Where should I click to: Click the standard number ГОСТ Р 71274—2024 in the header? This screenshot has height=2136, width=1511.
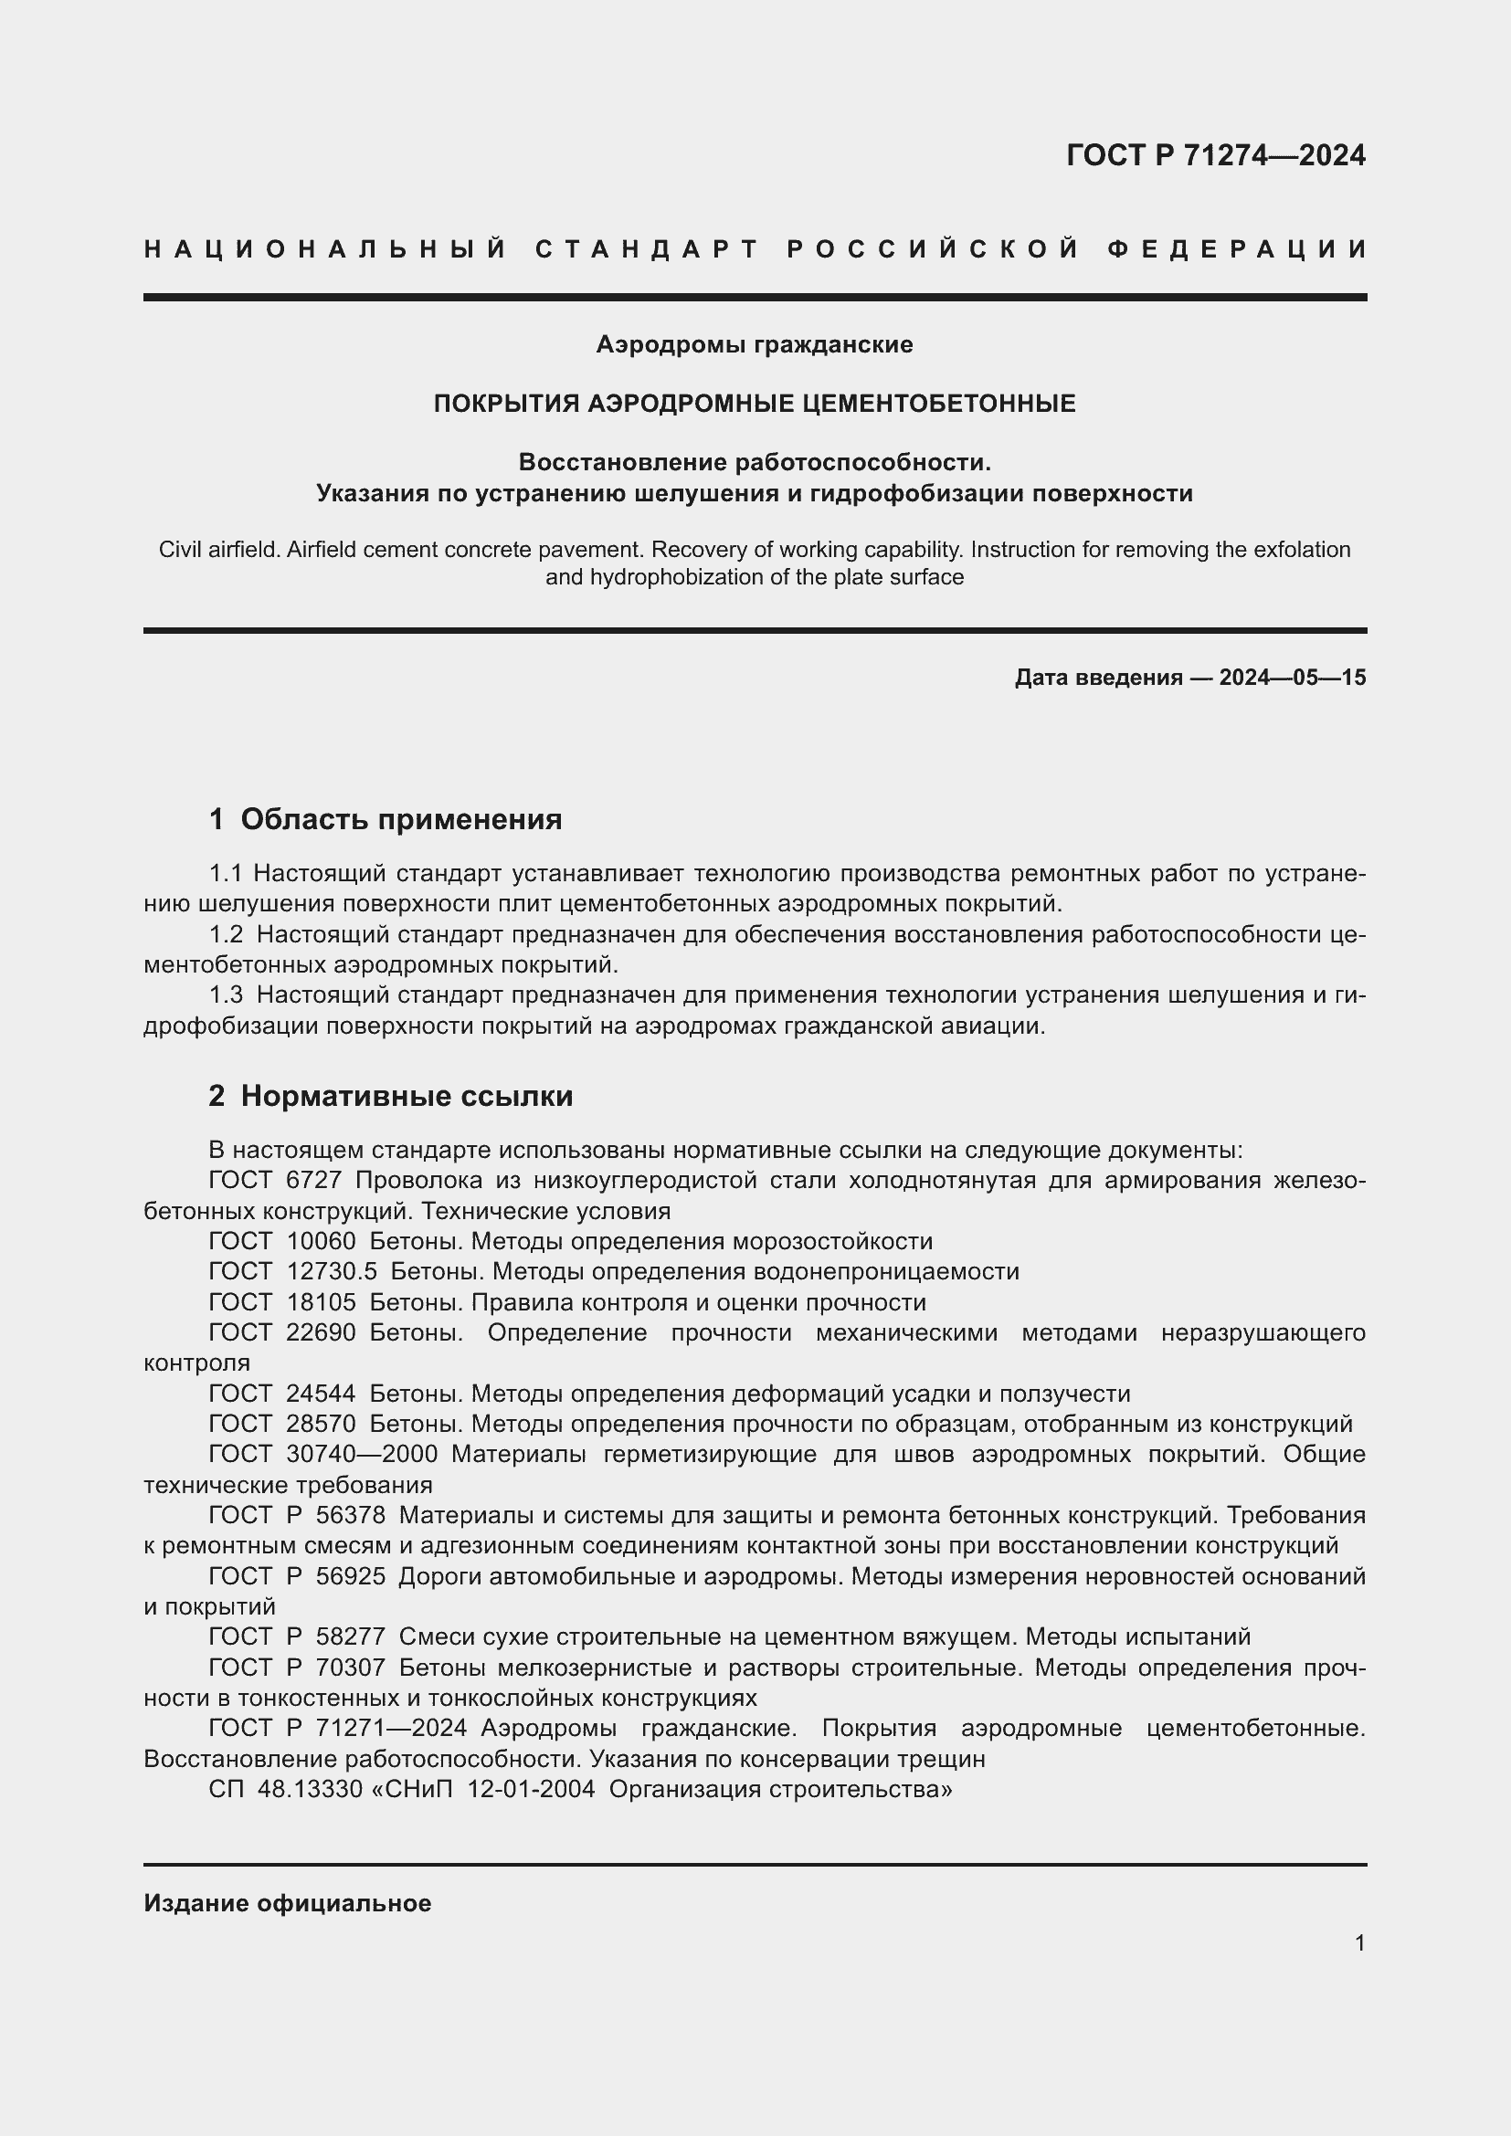(1215, 155)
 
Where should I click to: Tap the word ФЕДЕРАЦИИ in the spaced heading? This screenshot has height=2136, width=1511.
(1237, 249)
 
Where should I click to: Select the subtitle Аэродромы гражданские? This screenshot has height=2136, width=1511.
(755, 345)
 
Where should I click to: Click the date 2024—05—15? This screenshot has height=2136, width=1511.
(1293, 678)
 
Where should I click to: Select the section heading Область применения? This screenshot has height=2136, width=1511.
(401, 819)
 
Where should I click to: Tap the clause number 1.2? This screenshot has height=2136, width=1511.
(226, 935)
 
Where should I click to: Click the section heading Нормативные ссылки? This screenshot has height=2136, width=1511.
(407, 1097)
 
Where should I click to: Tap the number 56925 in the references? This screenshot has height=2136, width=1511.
(351, 1577)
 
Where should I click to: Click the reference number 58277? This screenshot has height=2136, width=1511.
(351, 1637)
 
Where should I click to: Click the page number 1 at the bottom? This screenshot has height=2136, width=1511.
(1359, 1943)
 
